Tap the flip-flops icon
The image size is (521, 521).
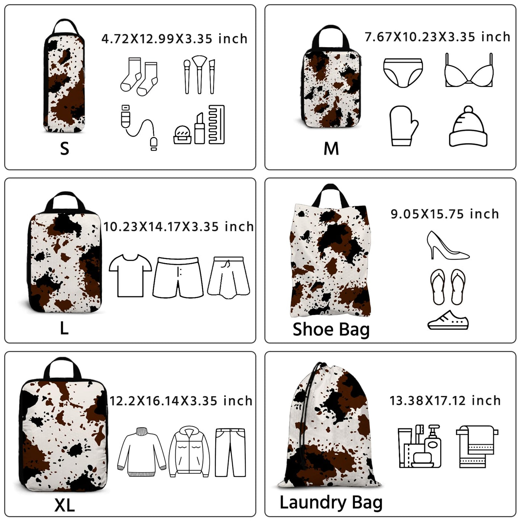448,287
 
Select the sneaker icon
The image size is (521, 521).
448,320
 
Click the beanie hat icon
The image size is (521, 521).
468,126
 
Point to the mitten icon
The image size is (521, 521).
403,126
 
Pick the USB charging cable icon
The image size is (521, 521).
139,127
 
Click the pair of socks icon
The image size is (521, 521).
139,77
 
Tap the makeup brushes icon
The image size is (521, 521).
199,75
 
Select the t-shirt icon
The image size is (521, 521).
130,275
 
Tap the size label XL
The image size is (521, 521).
64,505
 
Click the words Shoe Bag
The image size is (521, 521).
331,330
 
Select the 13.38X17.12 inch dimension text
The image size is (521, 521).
445,400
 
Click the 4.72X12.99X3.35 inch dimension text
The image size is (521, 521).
175,39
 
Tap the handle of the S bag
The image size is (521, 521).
65,26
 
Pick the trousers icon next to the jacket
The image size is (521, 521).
230,452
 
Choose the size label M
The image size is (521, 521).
331,148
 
